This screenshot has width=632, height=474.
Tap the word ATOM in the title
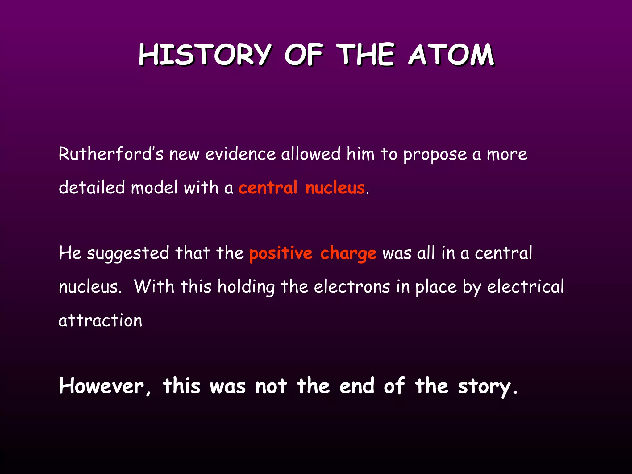coord(451,55)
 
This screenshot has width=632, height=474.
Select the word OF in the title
coord(304,55)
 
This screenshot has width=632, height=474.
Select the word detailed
coord(92,187)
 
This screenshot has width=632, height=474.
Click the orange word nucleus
coord(335,188)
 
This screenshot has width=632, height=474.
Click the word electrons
coord(352,287)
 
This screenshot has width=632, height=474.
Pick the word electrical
coord(526,287)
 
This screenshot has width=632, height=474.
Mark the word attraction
coord(100,320)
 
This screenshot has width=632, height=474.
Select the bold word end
coord(357,386)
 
